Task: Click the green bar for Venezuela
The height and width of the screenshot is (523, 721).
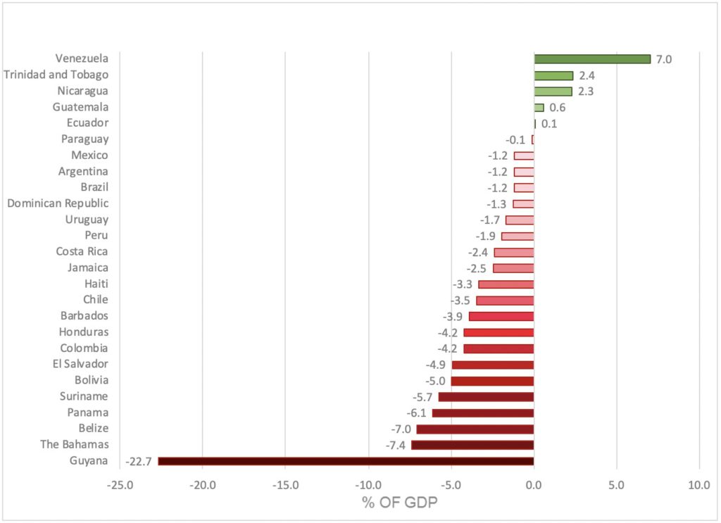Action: pyautogui.click(x=592, y=59)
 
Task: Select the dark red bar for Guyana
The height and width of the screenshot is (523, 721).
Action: pyautogui.click(x=346, y=461)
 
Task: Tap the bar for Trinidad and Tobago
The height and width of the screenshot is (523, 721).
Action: pyautogui.click(x=553, y=75)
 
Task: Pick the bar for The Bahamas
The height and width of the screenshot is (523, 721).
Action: pyautogui.click(x=472, y=445)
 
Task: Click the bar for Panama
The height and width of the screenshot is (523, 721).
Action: pyautogui.click(x=483, y=412)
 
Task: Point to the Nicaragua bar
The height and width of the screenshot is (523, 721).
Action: pyautogui.click(x=553, y=92)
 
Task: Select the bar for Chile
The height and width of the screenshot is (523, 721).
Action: pyautogui.click(x=505, y=301)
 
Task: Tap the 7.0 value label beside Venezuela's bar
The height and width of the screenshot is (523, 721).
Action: pyautogui.click(x=664, y=59)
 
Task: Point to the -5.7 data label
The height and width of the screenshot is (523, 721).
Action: pyautogui.click(x=422, y=396)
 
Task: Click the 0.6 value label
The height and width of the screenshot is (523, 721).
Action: pyautogui.click(x=558, y=108)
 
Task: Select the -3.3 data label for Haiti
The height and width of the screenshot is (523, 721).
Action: pyautogui.click(x=463, y=284)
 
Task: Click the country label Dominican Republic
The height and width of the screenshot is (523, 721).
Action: pyautogui.click(x=58, y=203)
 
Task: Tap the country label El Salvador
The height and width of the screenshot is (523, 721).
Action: pyautogui.click(x=80, y=364)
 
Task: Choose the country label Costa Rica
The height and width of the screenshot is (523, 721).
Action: pyautogui.click(x=82, y=251)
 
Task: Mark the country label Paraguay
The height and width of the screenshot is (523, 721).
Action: pyautogui.click(x=84, y=139)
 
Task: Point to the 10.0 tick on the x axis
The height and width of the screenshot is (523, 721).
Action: pyautogui.click(x=699, y=484)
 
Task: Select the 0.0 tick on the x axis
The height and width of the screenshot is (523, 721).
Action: pyautogui.click(x=534, y=484)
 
